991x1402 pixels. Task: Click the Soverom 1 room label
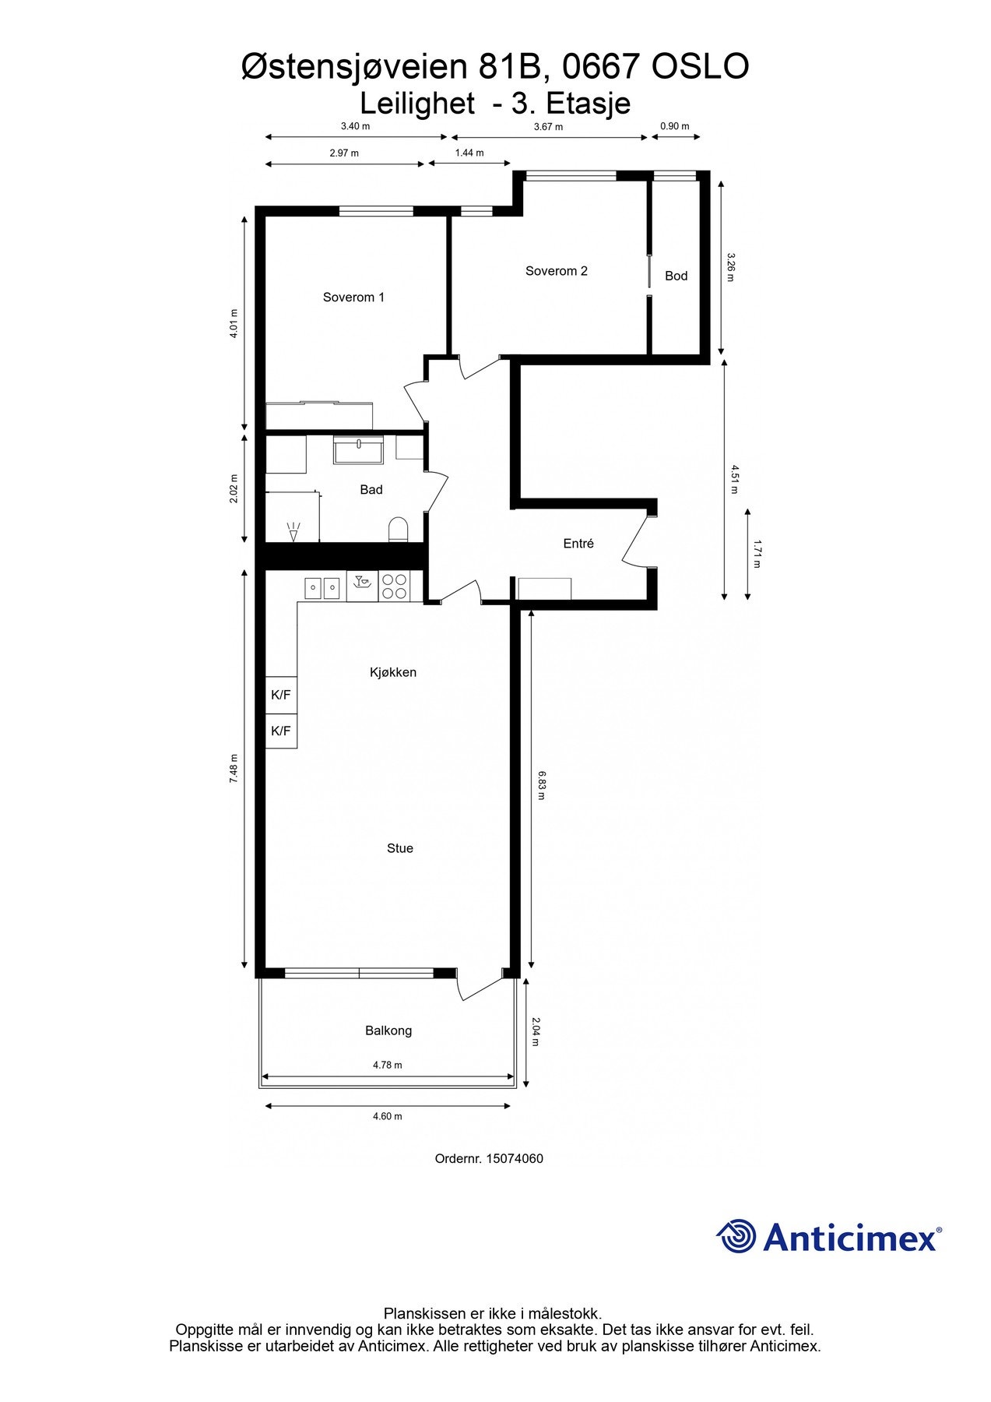[x=353, y=297]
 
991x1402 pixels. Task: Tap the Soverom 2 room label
[x=556, y=271]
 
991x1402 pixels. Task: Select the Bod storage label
[x=676, y=276]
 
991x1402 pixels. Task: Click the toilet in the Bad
[x=398, y=530]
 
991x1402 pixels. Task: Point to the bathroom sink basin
[x=358, y=451]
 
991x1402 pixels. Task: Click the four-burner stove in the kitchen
[x=394, y=586]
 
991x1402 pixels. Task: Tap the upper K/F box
[x=281, y=695]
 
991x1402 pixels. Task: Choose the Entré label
[x=578, y=544]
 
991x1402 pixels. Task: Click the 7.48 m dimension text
[x=234, y=769]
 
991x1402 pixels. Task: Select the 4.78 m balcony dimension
[x=387, y=1065]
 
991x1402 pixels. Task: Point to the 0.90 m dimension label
[x=674, y=126]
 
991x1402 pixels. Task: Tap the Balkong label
[x=388, y=1030]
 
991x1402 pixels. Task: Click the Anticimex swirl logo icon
[x=736, y=1236]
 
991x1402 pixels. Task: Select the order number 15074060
[x=515, y=1158]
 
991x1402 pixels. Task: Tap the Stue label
[x=399, y=848]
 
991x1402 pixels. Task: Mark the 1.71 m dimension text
[x=757, y=554]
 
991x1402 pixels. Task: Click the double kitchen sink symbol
[x=322, y=587]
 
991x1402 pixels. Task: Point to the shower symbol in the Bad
[x=293, y=531]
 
